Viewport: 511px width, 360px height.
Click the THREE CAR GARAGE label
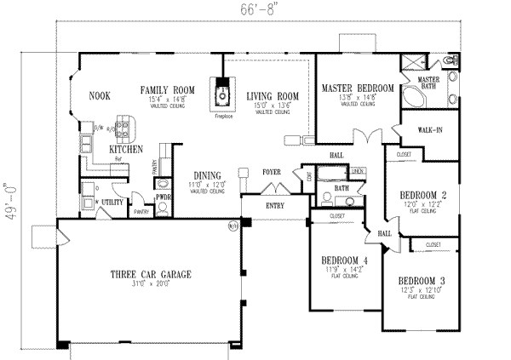point(149,274)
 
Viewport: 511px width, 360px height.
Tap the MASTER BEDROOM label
point(357,89)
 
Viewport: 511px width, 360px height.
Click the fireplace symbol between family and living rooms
point(222,89)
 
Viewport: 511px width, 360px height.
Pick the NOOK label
point(100,96)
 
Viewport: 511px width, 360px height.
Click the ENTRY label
point(274,205)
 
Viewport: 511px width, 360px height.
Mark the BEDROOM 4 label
point(345,260)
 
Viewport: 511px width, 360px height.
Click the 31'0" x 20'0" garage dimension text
point(149,284)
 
